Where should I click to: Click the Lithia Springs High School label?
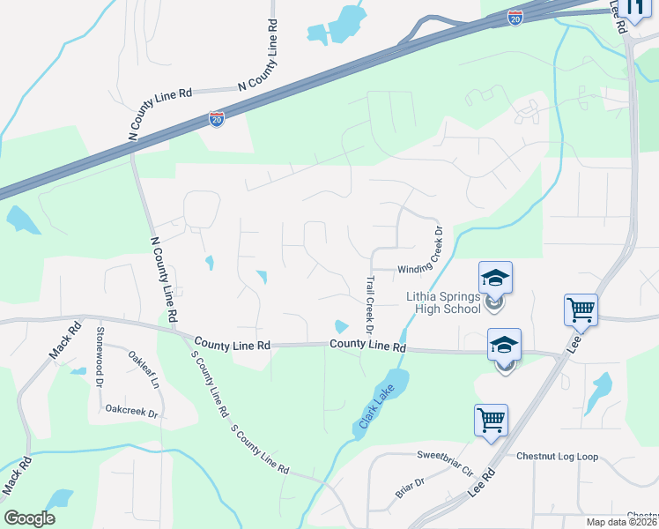[443, 302]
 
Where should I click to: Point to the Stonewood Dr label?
[100, 352]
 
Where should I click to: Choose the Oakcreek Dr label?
[131, 411]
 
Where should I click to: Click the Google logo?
[29, 518]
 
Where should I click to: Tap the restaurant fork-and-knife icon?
[635, 8]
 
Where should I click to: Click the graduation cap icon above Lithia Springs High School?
[495, 278]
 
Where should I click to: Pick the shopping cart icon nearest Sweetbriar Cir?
[490, 420]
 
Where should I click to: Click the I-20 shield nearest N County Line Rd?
[217, 119]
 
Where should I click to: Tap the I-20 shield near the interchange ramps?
[515, 17]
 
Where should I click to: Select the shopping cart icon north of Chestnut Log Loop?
[581, 310]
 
